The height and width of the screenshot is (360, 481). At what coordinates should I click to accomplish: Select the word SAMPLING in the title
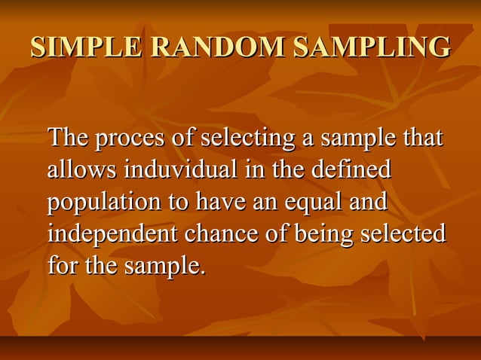click(371, 47)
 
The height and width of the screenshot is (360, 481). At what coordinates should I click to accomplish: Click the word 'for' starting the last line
click(63, 265)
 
